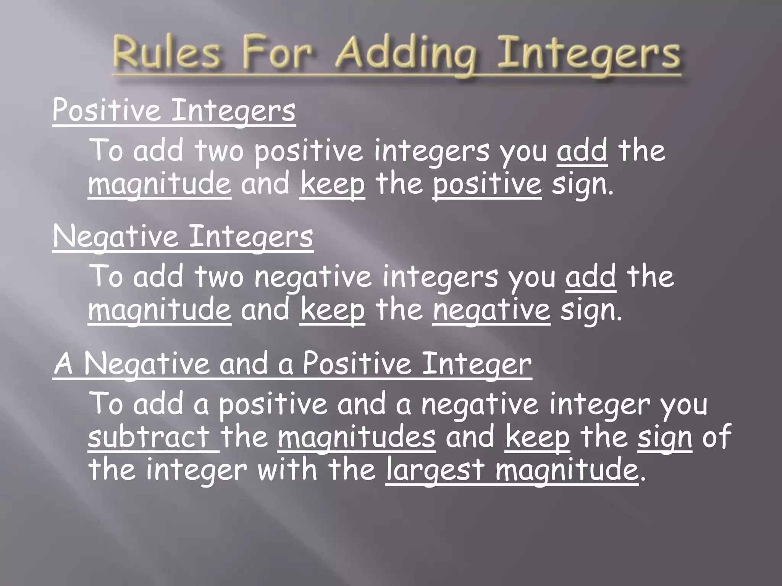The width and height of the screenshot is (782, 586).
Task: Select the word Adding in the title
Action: point(407,57)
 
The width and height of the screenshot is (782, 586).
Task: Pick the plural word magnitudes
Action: point(357,437)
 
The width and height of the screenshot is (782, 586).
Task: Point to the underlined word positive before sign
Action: point(487,185)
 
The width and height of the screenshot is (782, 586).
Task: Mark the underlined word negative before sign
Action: point(492,311)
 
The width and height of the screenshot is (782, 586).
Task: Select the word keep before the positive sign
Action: point(333,185)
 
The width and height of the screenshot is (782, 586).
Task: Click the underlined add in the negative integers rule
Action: point(591,277)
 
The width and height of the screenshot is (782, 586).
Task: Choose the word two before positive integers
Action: point(219,151)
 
